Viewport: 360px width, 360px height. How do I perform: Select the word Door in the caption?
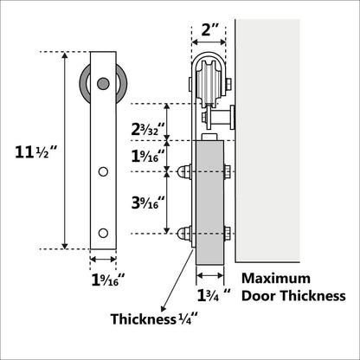[x=260, y=296]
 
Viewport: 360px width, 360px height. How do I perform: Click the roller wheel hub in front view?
[x=103, y=84]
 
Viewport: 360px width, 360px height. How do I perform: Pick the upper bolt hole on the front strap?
[x=103, y=172]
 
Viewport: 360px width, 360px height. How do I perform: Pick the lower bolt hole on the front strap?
[x=103, y=233]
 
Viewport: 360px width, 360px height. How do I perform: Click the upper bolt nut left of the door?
[x=184, y=172]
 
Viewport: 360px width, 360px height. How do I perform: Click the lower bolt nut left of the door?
[x=184, y=233]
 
